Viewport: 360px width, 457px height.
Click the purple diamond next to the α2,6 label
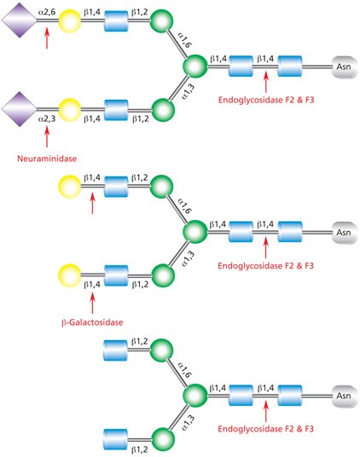click(x=19, y=20)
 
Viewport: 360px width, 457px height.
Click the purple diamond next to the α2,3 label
click(x=19, y=109)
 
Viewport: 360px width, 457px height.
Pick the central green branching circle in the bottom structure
click(x=195, y=396)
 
